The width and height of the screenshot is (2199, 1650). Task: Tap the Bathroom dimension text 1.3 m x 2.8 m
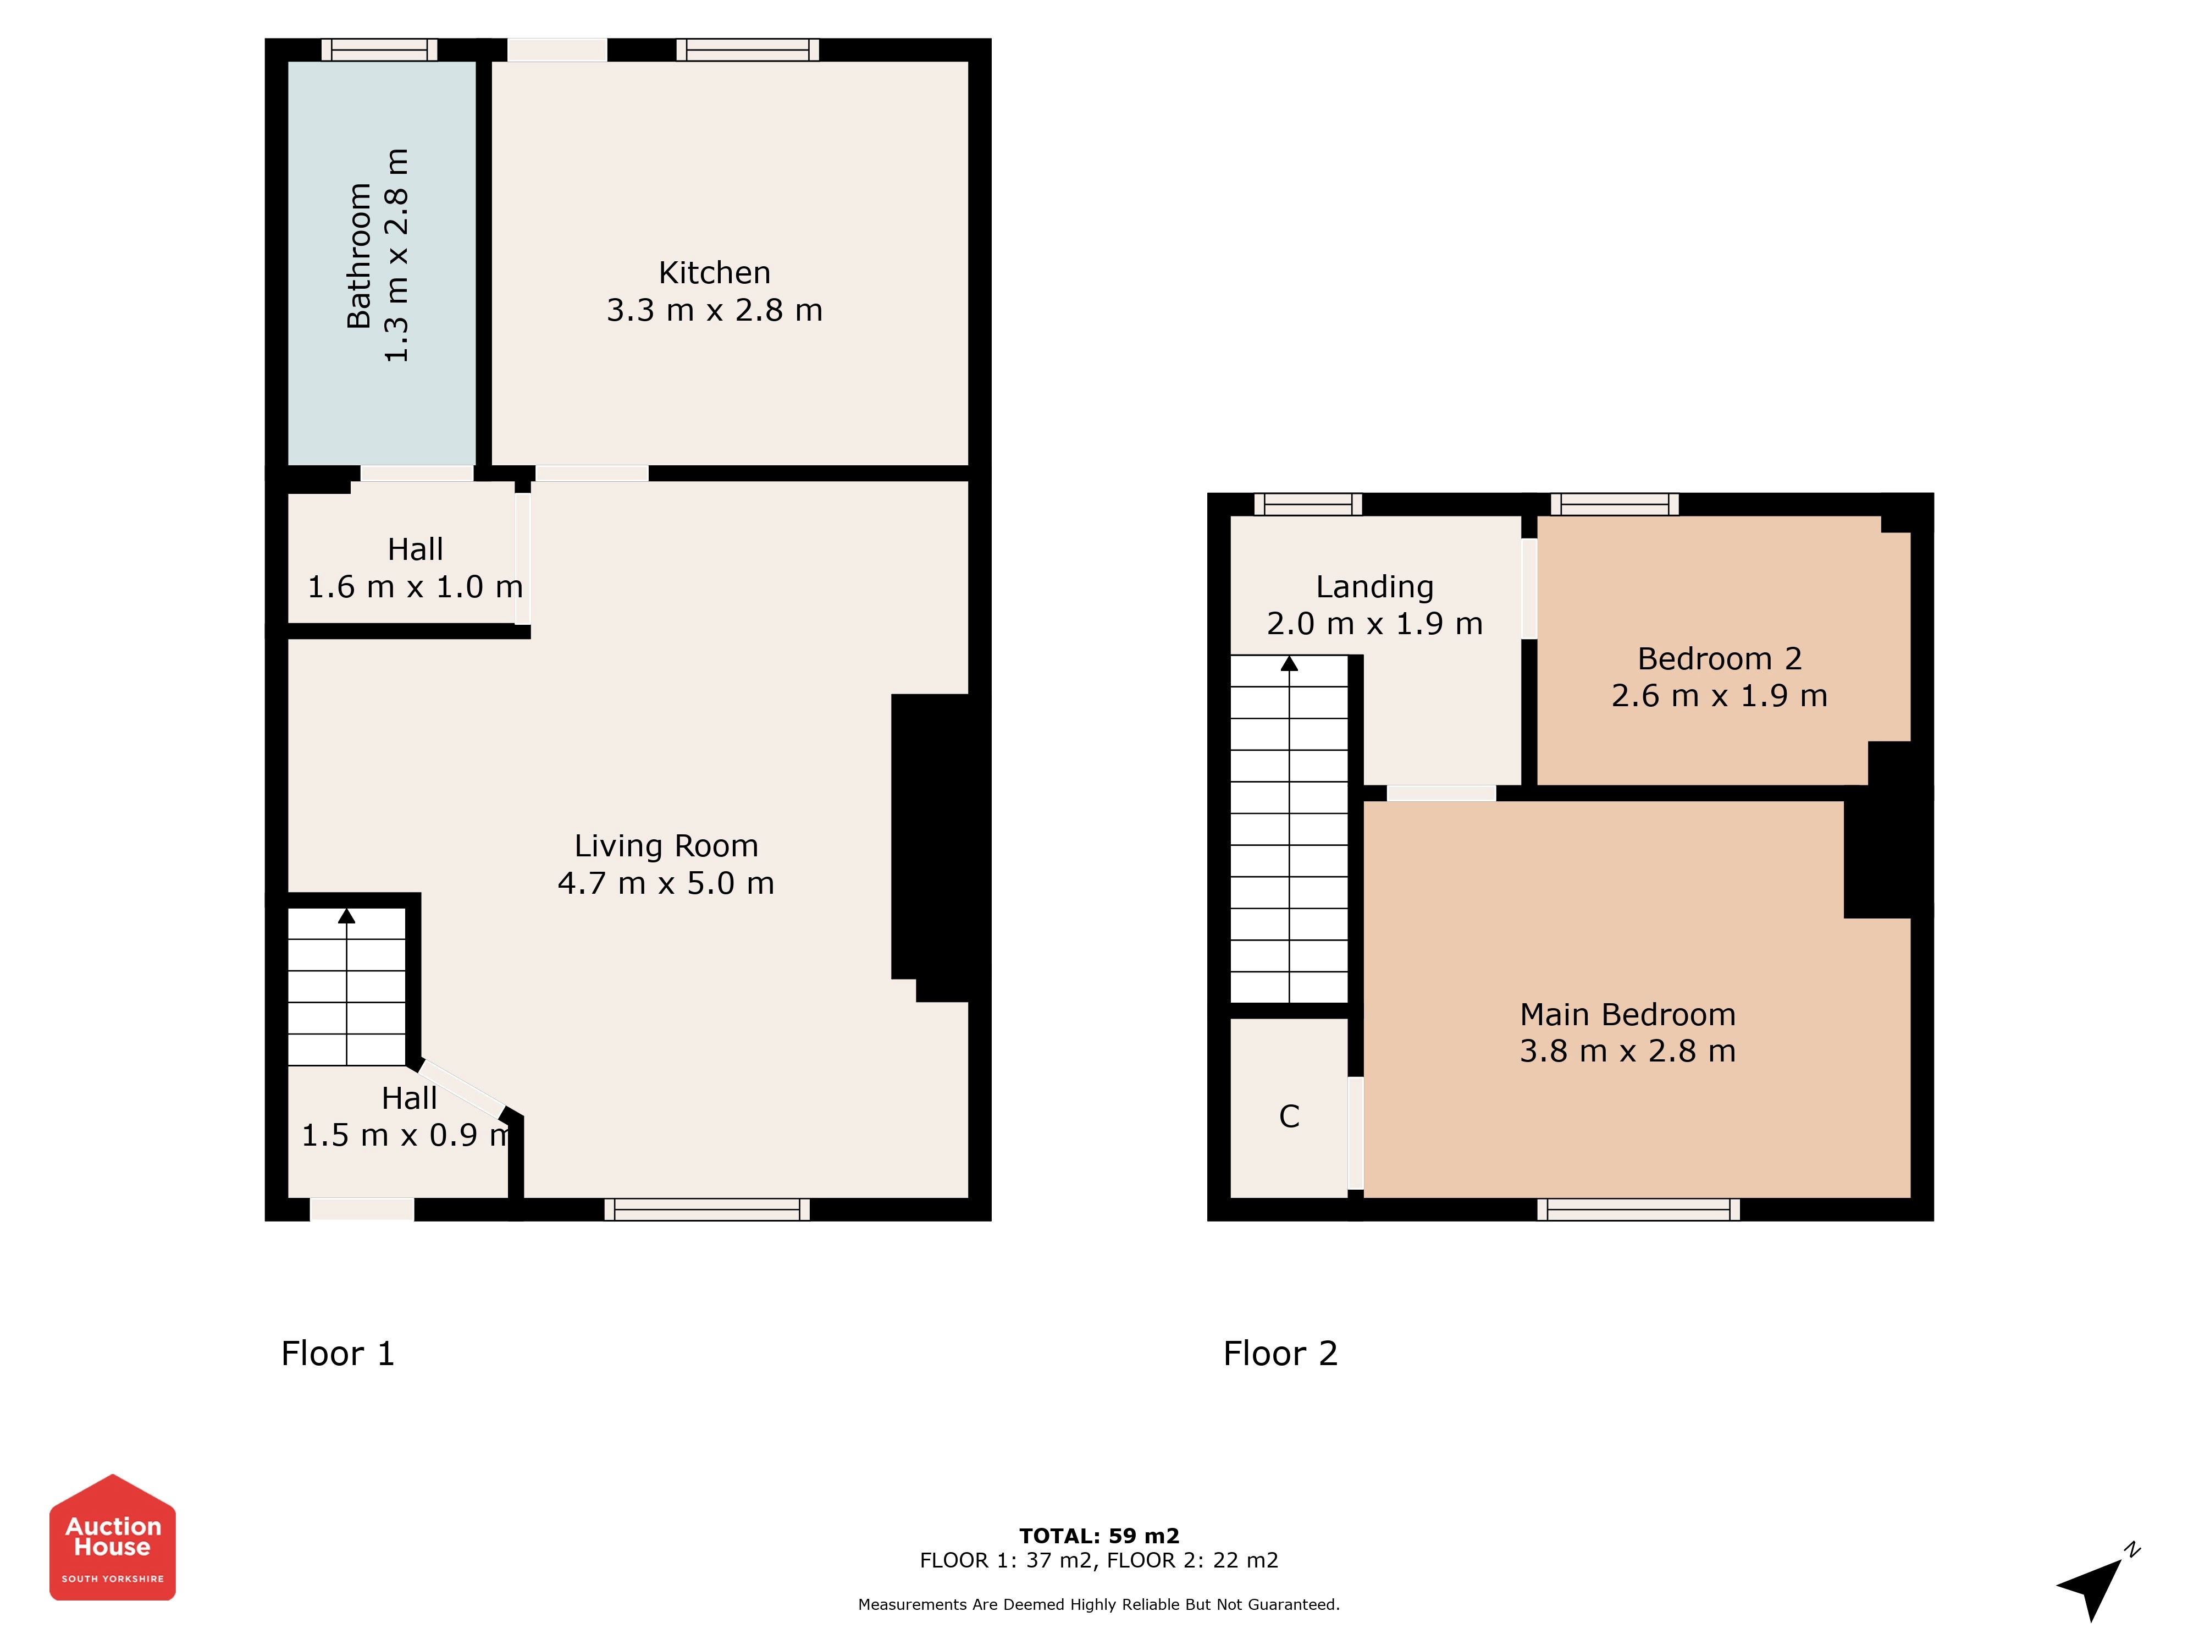[x=396, y=256]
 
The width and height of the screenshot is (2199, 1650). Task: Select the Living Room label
[x=666, y=845]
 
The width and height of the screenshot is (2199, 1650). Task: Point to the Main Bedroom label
[x=1627, y=1014]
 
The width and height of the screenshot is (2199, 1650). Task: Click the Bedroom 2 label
[x=1719, y=658]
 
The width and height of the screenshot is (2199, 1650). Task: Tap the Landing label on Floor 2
[x=1375, y=587]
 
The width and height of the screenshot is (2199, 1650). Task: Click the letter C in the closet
[x=1289, y=1116]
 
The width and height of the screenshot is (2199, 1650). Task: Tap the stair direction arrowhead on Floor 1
[x=346, y=916]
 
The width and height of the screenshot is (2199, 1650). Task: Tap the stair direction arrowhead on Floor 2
[x=1289, y=663]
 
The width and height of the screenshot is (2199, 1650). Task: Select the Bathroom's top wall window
[x=379, y=50]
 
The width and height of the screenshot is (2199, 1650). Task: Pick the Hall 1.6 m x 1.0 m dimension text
[x=416, y=587]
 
